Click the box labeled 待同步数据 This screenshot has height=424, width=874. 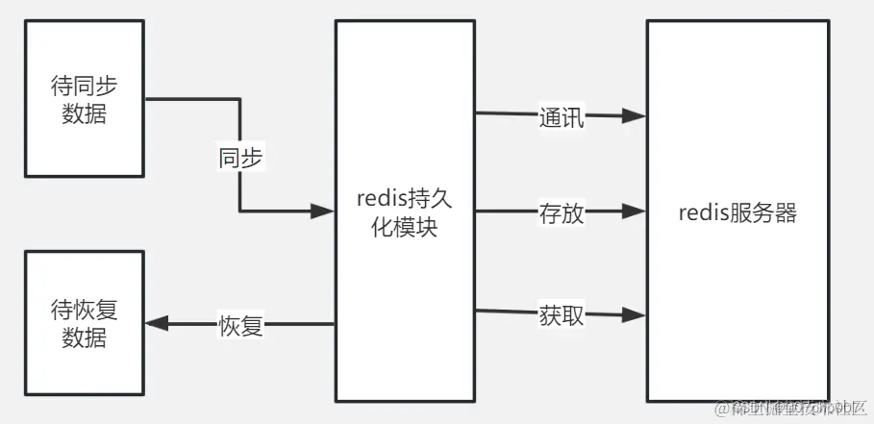click(85, 100)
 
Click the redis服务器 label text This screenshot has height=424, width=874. click(737, 212)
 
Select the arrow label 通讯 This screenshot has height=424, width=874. click(562, 118)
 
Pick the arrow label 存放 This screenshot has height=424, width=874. click(562, 213)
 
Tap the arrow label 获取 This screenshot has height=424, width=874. click(562, 315)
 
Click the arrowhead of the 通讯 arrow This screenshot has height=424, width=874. click(635, 116)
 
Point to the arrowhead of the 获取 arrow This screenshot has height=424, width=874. click(635, 313)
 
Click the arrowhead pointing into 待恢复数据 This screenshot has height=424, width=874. click(156, 325)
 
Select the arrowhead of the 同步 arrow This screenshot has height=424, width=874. click(323, 212)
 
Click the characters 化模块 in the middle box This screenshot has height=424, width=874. click(404, 231)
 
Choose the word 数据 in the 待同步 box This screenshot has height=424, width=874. click(85, 113)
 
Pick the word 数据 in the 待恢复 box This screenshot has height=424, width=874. click(85, 338)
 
